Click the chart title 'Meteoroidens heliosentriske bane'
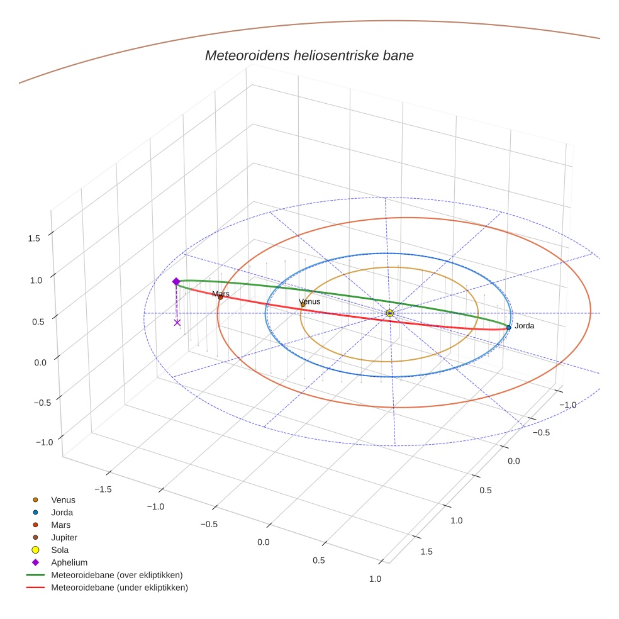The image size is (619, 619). (x=309, y=55)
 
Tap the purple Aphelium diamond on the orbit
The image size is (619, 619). (x=176, y=281)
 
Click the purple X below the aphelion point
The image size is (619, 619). (x=177, y=322)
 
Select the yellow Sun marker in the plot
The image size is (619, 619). (x=389, y=313)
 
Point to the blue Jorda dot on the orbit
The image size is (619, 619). (x=508, y=327)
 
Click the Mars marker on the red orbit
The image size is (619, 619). (x=220, y=297)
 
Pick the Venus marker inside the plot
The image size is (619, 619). (x=303, y=304)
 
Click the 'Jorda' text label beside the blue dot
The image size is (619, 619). (x=524, y=326)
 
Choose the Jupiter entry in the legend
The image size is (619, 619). (x=64, y=537)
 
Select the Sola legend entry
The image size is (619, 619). (x=60, y=550)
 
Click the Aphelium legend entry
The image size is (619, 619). (x=69, y=562)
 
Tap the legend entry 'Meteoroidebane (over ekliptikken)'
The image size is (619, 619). (x=116, y=575)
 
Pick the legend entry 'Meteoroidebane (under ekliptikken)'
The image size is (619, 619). (x=119, y=588)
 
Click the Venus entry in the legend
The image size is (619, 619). (x=63, y=499)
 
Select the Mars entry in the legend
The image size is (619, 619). (x=60, y=525)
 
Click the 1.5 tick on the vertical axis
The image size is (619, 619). (x=34, y=238)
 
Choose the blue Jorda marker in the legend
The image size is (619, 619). (x=36, y=512)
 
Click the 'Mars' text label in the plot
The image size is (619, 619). (x=220, y=293)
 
